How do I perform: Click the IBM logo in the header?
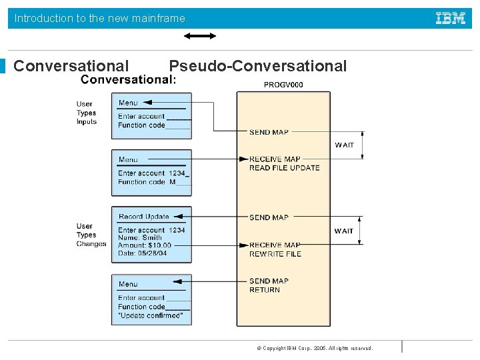point(451,18)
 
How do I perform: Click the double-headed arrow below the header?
point(200,36)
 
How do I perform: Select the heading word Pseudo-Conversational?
point(257,66)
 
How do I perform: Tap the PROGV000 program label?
point(283,85)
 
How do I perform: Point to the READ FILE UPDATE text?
point(284,168)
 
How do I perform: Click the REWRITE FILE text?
point(275,254)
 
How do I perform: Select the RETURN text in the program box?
point(265,290)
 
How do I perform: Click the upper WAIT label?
point(345,145)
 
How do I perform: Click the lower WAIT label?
point(344,231)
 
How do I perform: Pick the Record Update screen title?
point(144,217)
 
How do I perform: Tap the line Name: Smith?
point(140,238)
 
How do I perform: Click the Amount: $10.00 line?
point(145,245)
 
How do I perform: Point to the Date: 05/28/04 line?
point(143,253)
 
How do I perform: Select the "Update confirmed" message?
point(150,315)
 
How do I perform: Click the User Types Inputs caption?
point(86,113)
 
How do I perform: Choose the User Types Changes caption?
point(91,235)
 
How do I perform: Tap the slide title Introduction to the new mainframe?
point(100,19)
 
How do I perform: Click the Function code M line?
point(147,182)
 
